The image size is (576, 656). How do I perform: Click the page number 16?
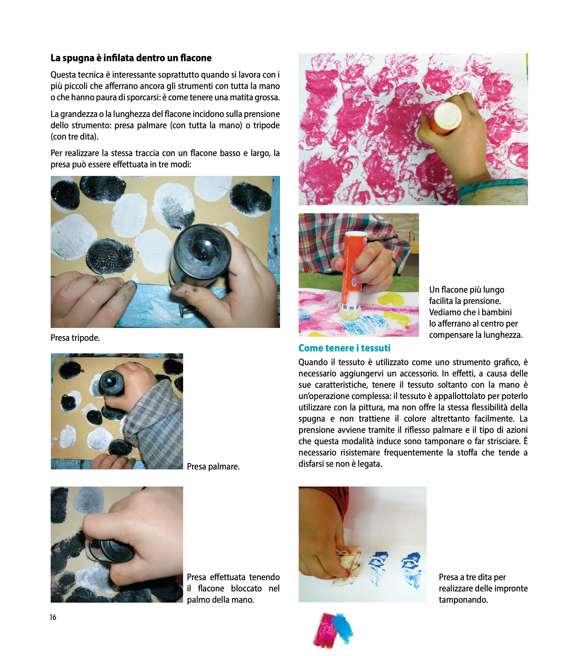pos(53,617)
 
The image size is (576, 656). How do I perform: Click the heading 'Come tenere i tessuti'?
pos(344,348)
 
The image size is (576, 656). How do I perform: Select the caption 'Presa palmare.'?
pos(213,466)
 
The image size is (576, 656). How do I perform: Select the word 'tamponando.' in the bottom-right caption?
pos(463,600)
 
